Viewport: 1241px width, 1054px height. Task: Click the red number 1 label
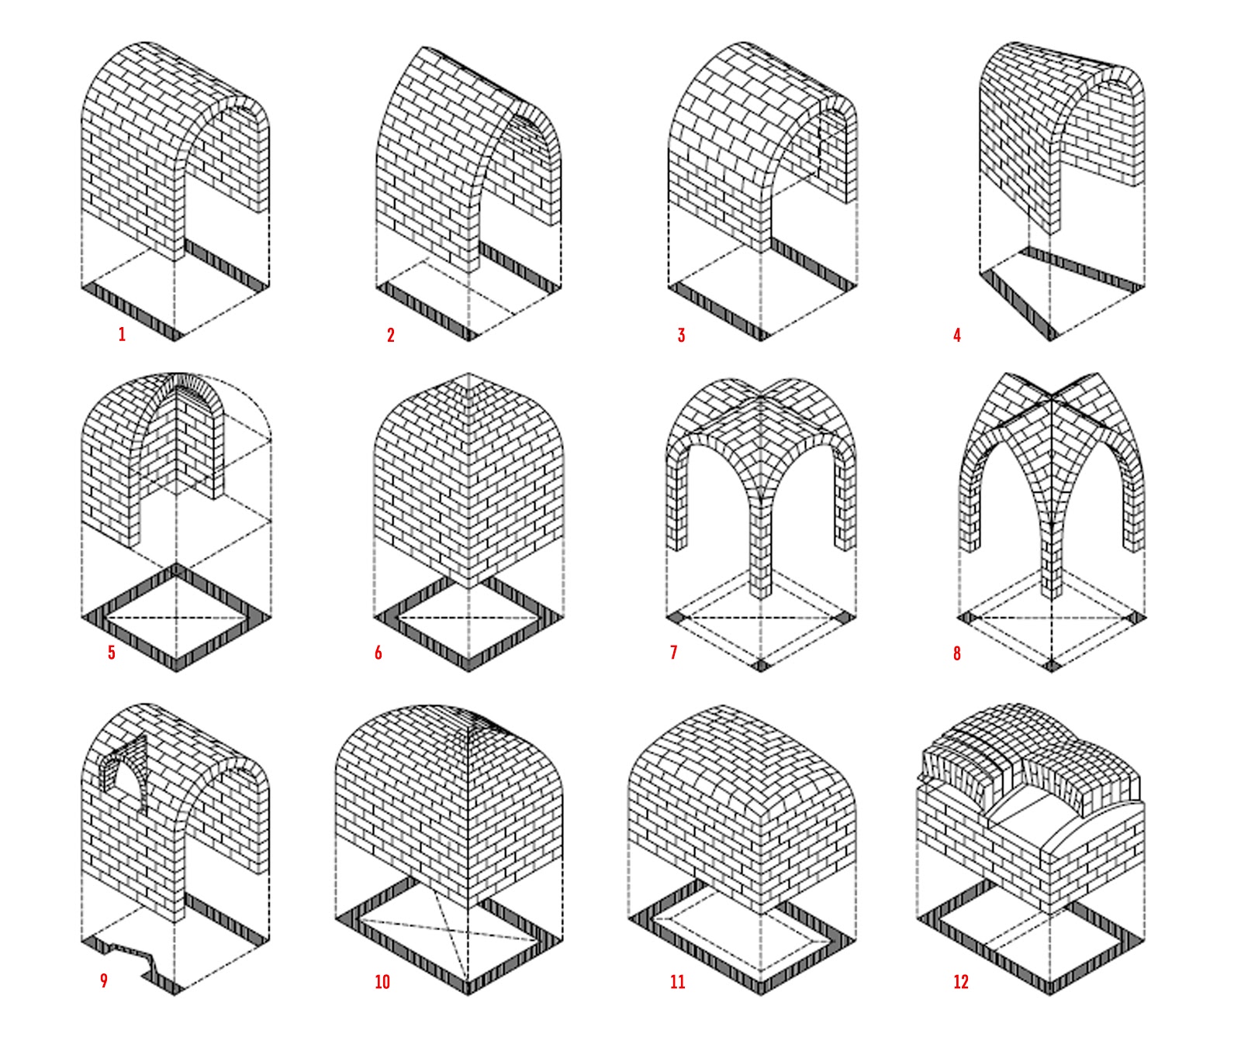122,335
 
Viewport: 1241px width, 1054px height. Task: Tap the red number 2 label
391,335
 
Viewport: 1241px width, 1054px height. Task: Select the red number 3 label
681,335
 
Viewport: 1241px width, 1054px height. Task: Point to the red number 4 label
957,335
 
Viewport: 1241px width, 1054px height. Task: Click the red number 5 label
112,653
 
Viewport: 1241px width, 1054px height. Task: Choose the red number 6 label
379,653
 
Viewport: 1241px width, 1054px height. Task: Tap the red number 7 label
673,653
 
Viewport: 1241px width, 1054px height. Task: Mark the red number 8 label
957,653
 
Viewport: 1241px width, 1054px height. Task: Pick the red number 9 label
104,981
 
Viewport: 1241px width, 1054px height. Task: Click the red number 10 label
382,982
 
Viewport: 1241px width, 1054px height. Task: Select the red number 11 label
678,982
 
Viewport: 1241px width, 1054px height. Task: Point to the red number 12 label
961,982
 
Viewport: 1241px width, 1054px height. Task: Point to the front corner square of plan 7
761,665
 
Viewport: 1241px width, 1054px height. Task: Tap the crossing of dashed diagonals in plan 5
176,617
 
